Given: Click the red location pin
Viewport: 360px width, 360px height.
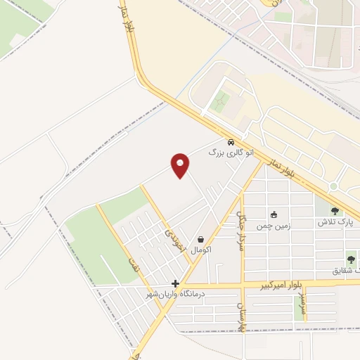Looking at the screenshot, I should click(180, 165).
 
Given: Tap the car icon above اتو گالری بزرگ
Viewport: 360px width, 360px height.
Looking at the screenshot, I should click(231, 141).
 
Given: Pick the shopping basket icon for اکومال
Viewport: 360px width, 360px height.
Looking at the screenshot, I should click(201, 240).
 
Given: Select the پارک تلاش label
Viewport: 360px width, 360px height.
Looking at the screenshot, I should click(334, 221).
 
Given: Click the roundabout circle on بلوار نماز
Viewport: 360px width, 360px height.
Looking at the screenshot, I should click(333, 186).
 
